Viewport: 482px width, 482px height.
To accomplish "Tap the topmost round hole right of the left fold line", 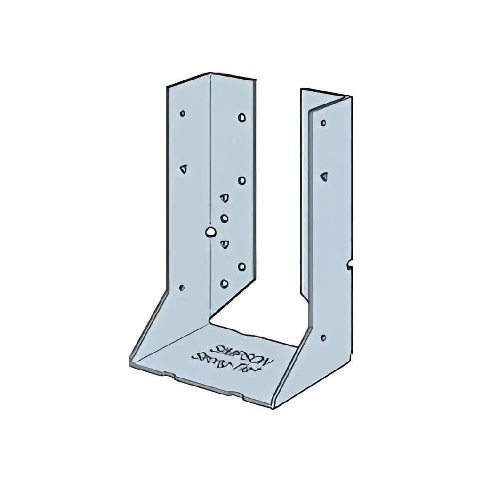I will [241, 117].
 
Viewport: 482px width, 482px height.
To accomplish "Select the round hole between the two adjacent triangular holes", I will [224, 217].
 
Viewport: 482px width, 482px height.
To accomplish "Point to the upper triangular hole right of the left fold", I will [225, 198].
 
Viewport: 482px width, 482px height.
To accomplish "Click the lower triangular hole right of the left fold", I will [225, 244].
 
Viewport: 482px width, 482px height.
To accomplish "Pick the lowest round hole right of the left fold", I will [224, 283].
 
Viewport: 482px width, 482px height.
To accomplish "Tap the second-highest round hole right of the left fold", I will [241, 180].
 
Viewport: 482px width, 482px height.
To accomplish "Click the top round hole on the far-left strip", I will [182, 113].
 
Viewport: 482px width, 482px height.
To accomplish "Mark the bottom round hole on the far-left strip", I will [182, 287].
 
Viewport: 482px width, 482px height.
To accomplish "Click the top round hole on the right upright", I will [323, 123].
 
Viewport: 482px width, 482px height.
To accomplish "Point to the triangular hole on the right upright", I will [323, 176].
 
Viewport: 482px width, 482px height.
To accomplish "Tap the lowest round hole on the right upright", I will [323, 338].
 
